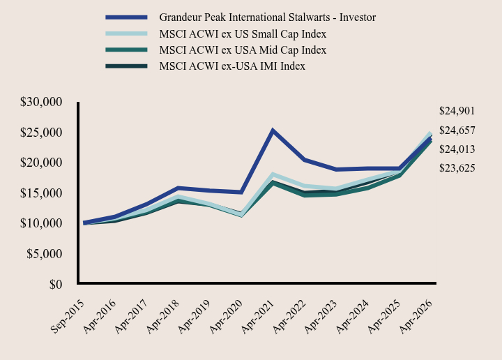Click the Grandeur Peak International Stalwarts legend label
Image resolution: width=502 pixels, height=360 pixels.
pos(267,17)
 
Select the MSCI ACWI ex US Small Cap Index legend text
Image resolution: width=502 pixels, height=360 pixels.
pos(243,34)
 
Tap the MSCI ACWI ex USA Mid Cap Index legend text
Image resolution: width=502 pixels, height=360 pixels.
pos(243,50)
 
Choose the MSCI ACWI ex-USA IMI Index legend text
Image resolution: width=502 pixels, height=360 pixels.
pos(232,66)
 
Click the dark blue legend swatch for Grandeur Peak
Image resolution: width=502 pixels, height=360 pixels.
pos(126,17)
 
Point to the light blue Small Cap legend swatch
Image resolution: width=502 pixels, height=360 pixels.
pos(126,33)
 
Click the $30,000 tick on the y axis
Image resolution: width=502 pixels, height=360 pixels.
pos(41,102)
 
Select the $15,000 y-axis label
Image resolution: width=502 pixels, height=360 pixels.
pos(41,193)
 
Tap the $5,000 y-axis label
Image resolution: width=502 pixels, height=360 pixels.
pos(44,254)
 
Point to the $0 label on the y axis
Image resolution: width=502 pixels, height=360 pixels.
pos(56,284)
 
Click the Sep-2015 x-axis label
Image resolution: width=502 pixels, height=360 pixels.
pos(67,316)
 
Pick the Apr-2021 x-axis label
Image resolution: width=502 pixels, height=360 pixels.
pos(258,316)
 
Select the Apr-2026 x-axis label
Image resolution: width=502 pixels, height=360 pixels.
pos(416,316)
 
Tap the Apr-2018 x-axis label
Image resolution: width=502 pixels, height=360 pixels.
pos(162,316)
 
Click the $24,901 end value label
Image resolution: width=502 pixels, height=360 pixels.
pos(457,111)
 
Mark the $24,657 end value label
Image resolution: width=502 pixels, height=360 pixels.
pos(457,130)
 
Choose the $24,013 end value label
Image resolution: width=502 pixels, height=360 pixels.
pos(457,149)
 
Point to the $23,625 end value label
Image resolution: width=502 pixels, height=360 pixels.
pos(457,168)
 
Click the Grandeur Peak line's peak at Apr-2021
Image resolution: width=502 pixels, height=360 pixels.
pos(273,130)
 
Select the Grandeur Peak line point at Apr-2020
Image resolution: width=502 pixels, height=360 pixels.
pos(241,192)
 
